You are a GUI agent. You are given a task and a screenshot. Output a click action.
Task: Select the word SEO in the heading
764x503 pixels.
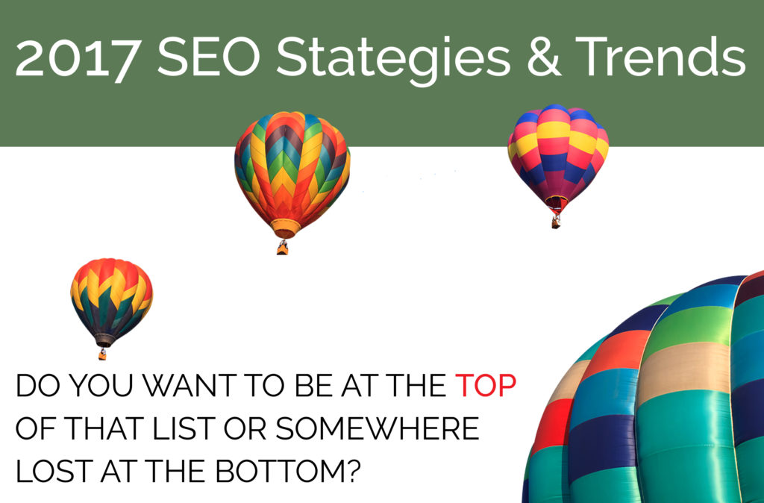coord(209,57)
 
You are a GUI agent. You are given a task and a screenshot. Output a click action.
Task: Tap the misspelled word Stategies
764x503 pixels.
coord(392,61)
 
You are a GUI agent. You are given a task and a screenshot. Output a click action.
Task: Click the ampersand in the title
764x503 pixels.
coord(544,57)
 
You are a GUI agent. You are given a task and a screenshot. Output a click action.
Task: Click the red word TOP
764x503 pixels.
coord(485,386)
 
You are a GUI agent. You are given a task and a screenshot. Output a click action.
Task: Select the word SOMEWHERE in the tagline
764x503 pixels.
coord(377,428)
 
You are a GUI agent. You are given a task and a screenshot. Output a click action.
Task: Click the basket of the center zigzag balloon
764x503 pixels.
coord(283,248)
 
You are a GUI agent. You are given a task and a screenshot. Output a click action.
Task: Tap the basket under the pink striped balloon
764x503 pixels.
coord(556,222)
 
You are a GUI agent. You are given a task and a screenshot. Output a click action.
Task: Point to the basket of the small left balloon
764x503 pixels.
coord(102,354)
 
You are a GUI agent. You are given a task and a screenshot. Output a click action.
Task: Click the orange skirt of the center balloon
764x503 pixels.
coord(286,228)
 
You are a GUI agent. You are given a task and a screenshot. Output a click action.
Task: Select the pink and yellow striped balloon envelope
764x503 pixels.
coord(558,154)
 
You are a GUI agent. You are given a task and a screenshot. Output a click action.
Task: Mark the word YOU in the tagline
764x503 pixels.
coord(101,386)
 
